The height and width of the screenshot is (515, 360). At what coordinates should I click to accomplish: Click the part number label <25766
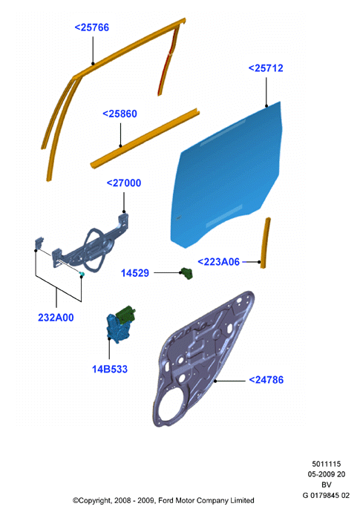click(x=91, y=27)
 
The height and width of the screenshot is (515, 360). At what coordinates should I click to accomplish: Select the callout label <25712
click(x=266, y=68)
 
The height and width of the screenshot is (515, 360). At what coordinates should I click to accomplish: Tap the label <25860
click(x=120, y=114)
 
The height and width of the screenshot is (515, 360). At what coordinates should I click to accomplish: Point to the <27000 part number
click(x=124, y=183)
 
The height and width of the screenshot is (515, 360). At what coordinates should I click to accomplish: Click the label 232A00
click(x=56, y=318)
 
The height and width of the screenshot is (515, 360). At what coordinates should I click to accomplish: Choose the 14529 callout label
click(x=135, y=273)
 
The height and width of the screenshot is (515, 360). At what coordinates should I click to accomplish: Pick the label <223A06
click(x=219, y=262)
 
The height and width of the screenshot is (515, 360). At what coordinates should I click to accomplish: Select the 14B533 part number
click(x=110, y=369)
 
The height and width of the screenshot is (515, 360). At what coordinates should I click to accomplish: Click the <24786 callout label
click(x=266, y=380)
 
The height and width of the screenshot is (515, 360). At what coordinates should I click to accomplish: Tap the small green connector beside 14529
click(x=187, y=274)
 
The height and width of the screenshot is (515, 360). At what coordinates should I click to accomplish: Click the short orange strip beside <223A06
click(x=266, y=243)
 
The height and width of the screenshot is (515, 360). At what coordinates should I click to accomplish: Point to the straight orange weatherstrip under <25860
click(x=145, y=138)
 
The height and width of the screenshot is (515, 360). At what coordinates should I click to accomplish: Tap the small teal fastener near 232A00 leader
click(x=82, y=274)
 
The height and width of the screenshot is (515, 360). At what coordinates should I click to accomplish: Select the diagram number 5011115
click(x=326, y=464)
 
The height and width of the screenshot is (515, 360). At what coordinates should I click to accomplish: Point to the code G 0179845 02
click(x=326, y=495)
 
